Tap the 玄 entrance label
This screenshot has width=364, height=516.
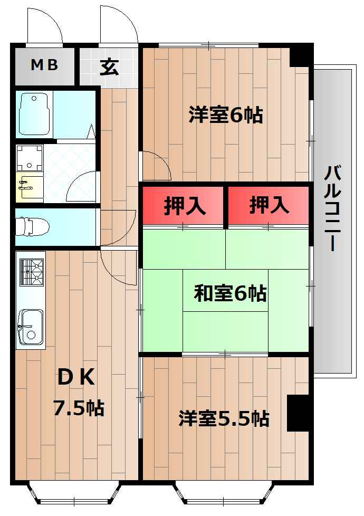[109, 67]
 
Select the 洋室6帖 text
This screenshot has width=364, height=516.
[225, 114]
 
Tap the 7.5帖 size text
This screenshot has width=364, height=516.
[78, 408]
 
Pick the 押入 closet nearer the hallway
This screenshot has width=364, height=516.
[184, 206]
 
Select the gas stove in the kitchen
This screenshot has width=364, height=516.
[31, 272]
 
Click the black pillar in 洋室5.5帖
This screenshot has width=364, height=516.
[298, 413]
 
